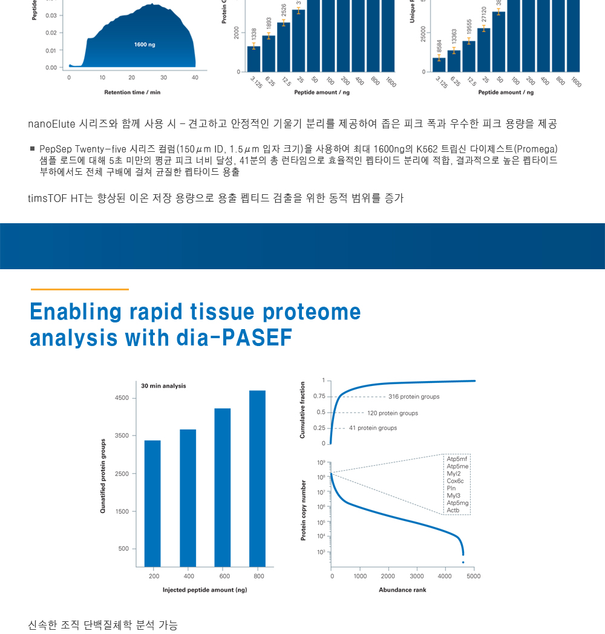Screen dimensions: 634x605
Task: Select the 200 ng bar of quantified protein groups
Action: coord(152,503)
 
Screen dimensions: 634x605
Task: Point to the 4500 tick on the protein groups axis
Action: coord(122,398)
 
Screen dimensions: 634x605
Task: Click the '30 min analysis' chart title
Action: coord(163,386)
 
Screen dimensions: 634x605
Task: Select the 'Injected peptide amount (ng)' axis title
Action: coord(204,590)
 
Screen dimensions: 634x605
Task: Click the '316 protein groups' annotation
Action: coord(414,397)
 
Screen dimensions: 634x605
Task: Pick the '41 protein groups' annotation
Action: coord(373,428)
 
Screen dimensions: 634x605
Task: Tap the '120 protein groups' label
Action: coord(393,413)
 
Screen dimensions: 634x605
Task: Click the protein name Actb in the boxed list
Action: coord(453,511)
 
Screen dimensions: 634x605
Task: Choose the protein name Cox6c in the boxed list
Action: coord(455,481)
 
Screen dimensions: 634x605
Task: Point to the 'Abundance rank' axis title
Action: coord(402,590)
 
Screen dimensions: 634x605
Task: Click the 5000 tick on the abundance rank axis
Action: coord(474,577)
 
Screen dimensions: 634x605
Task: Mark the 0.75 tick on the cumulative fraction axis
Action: coord(319,396)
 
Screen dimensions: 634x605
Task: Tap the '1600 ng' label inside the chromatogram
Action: coord(145,45)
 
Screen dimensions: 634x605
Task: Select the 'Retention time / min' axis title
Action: coord(132,93)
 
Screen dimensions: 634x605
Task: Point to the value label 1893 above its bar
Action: coord(269,27)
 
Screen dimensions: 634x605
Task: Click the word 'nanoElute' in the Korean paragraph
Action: coord(51,124)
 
